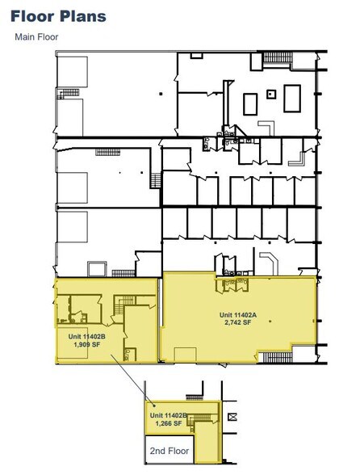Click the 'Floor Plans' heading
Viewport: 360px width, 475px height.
click(x=58, y=16)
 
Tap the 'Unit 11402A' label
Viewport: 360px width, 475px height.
click(x=240, y=313)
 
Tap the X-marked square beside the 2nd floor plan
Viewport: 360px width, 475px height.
click(x=232, y=417)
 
